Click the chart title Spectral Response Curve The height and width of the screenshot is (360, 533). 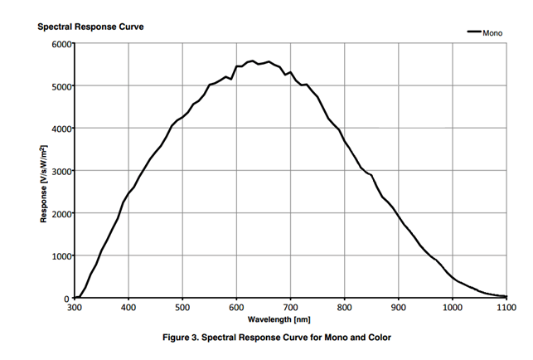pyautogui.click(x=91, y=27)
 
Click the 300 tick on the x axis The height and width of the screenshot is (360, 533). pyautogui.click(x=75, y=308)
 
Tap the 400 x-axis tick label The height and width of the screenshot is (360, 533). pyautogui.click(x=128, y=308)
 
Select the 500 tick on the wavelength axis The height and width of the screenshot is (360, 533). pyautogui.click(x=182, y=308)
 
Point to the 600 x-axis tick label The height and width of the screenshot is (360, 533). pyautogui.click(x=236, y=308)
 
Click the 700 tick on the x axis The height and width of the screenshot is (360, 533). pyautogui.click(x=290, y=308)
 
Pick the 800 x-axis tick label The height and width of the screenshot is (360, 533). pyautogui.click(x=344, y=308)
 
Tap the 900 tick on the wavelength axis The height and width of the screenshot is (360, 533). pyautogui.click(x=399, y=308)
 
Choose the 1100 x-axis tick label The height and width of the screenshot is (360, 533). pyautogui.click(x=506, y=308)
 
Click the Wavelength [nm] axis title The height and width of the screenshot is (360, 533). pyautogui.click(x=290, y=319)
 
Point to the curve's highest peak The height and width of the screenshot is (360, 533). pyautogui.click(x=253, y=61)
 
